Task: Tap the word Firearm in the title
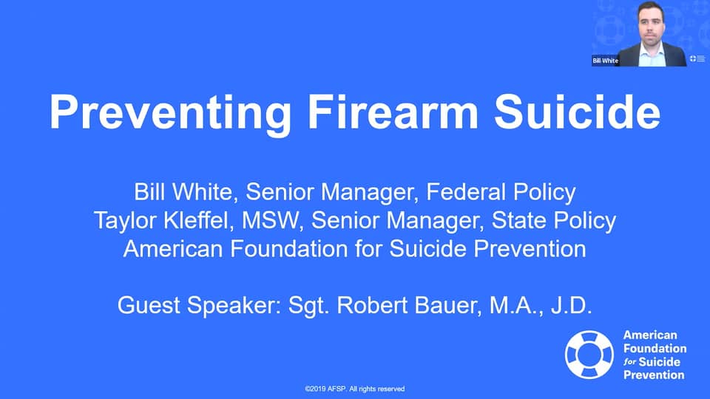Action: (x=376, y=113)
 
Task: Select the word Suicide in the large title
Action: (x=576, y=113)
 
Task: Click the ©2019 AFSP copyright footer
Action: (x=355, y=389)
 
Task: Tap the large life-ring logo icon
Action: (x=589, y=355)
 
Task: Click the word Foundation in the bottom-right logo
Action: (x=655, y=348)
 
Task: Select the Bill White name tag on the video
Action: (x=605, y=61)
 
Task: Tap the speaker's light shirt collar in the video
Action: (x=651, y=53)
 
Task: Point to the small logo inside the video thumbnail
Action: (x=694, y=58)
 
